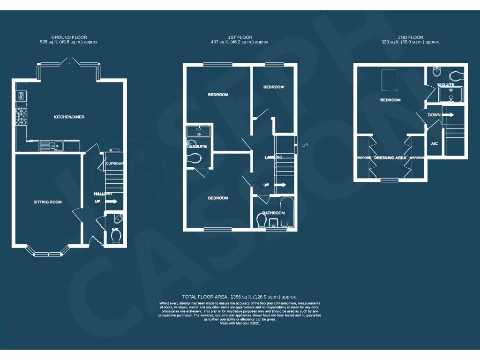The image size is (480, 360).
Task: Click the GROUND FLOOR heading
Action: click(x=69, y=37)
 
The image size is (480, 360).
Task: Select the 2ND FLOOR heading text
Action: click(x=411, y=37)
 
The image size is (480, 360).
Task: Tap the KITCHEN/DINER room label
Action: click(x=69, y=117)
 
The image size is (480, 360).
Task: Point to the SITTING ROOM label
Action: click(x=47, y=202)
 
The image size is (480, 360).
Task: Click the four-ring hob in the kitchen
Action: click(x=21, y=117)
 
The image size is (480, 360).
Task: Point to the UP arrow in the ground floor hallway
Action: click(x=112, y=202)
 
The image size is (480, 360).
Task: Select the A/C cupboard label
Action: click(x=434, y=143)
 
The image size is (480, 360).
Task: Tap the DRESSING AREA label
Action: click(x=390, y=158)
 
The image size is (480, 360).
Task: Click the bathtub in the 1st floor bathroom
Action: click(x=286, y=212)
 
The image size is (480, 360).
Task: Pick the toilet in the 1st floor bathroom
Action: click(x=262, y=219)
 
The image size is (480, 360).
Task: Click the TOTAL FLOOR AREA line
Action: click(x=240, y=297)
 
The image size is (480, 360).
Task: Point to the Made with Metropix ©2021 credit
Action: click(x=240, y=323)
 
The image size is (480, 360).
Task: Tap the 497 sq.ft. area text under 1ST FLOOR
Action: click(x=240, y=42)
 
